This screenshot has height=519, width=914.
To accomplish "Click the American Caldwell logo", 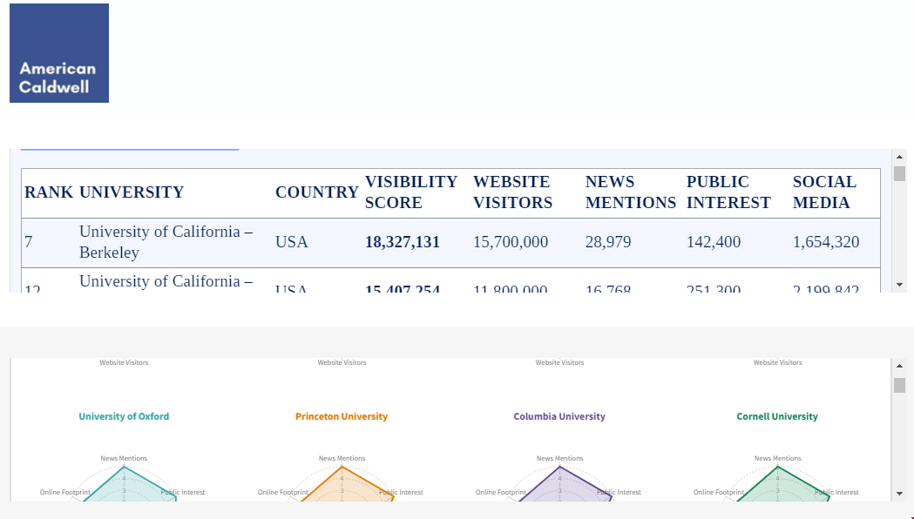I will pos(59,53).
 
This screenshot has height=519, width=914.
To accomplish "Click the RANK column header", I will pos(49,192).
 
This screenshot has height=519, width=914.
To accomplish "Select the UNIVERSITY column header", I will pos(132,192).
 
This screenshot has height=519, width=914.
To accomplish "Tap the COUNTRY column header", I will pos(316,192).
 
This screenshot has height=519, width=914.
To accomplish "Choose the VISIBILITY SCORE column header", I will pos(411,192).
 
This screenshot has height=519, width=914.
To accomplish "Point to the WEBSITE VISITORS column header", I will pos(512,192).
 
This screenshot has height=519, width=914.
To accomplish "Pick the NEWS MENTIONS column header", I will pos(630,192).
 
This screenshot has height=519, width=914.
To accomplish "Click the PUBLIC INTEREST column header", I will pos(728,192).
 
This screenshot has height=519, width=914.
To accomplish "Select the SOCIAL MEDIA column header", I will pos(824,192).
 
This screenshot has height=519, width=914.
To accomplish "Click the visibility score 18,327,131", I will pos(403,242).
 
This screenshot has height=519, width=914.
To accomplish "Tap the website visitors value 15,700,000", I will pos(511,242).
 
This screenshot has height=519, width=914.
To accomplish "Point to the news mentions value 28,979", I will pos(608,242).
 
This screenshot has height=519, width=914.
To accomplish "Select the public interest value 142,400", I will pos(714,242).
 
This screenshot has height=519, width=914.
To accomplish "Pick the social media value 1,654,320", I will pos(826,242).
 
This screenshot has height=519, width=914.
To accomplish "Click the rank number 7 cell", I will pos(29,242).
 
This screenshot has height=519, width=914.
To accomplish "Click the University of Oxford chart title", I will pos(124,416).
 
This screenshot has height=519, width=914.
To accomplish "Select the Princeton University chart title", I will pos(342,416).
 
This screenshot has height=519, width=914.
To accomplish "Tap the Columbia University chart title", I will pos(559,416).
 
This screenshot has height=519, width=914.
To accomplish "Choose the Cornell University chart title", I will pos(777,416).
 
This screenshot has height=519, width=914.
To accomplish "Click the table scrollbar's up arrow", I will pos(900,157).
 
